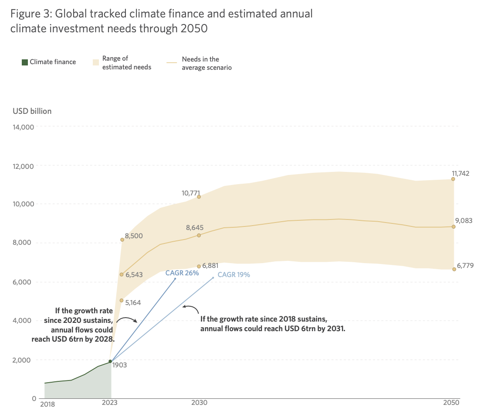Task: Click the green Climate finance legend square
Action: [25, 62]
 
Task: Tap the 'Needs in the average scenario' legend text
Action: [206, 63]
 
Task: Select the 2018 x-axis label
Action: [47, 404]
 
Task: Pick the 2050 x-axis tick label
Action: [452, 403]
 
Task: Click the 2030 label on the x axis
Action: [199, 403]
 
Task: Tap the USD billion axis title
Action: [32, 111]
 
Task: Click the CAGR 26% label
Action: [182, 273]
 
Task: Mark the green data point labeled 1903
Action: [110, 361]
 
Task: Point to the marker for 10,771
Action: [199, 197]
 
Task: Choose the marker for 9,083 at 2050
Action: [453, 227]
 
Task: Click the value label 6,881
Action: [211, 265]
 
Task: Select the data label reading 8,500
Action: [134, 236]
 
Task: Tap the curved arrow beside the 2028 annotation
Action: [128, 320]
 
